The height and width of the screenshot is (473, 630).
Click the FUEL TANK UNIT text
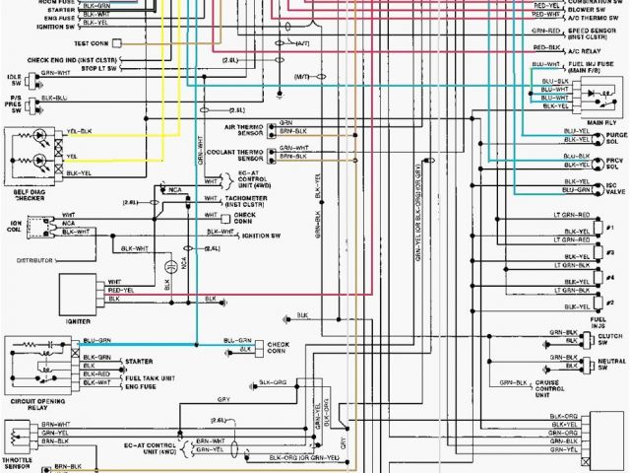coord(149,379)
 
